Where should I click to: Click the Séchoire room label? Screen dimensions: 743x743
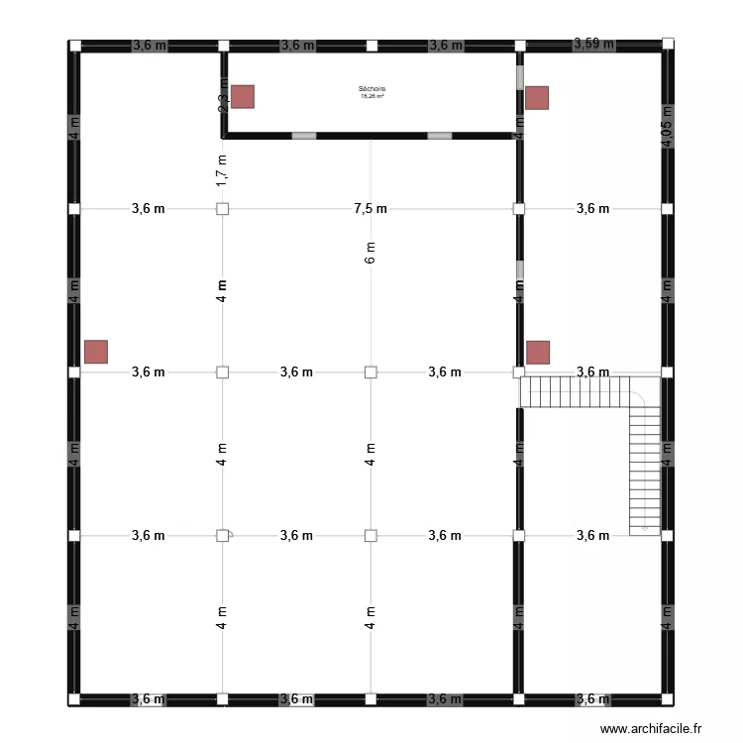click(x=371, y=89)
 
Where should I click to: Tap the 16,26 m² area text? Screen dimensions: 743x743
click(x=371, y=96)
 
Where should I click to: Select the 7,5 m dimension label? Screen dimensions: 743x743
click(x=371, y=208)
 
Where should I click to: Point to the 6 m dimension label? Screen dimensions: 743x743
click(x=371, y=254)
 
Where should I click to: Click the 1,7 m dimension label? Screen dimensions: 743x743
click(x=222, y=170)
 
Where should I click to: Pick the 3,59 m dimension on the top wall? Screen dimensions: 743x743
click(x=593, y=44)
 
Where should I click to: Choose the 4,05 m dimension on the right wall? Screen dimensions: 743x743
click(x=667, y=127)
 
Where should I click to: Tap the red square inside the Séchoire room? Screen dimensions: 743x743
click(x=243, y=96)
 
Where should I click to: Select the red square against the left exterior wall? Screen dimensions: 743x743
click(x=96, y=352)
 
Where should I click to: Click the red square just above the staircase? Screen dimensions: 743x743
click(x=538, y=352)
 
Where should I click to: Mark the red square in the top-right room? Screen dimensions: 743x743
click(x=537, y=97)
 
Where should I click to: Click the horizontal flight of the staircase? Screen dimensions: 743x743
click(x=575, y=391)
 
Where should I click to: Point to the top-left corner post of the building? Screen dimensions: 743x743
click(x=74, y=46)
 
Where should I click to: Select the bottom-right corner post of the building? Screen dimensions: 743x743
click(x=667, y=699)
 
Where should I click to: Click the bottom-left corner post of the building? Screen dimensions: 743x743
click(x=74, y=699)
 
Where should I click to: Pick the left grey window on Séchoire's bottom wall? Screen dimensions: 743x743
click(x=304, y=136)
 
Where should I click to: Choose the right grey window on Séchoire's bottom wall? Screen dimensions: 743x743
click(x=438, y=136)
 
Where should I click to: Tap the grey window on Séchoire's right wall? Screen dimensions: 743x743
click(x=519, y=76)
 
